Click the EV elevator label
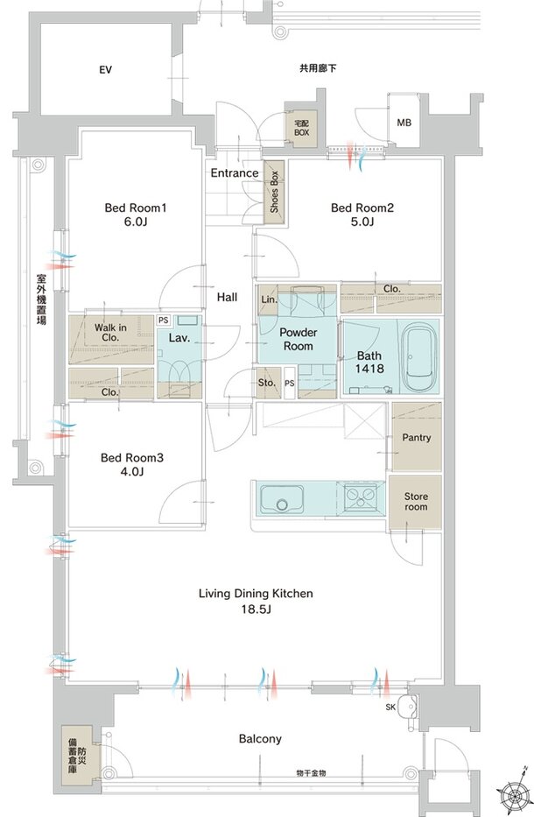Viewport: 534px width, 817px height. [105, 69]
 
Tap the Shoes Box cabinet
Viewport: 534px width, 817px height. [274, 192]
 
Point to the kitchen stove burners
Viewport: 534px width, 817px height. [360, 497]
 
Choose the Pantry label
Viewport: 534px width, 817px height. [417, 438]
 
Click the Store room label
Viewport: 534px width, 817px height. [416, 501]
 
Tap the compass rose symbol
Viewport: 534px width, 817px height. [516, 794]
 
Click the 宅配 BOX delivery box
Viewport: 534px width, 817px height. [302, 128]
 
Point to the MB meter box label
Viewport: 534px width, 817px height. [404, 123]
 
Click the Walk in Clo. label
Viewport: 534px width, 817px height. [110, 333]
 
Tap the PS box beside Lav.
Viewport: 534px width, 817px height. [164, 320]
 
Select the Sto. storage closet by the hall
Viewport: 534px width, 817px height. [267, 383]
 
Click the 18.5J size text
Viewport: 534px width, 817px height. [256, 609]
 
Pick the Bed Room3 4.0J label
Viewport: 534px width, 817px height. [132, 465]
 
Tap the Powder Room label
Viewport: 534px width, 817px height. [299, 339]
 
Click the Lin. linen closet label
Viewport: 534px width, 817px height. [270, 299]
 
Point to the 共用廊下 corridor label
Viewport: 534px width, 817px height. [318, 67]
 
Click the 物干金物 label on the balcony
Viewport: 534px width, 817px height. [311, 774]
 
